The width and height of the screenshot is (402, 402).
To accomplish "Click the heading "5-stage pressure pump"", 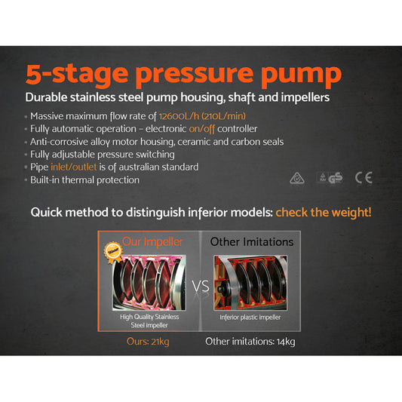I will (183, 75).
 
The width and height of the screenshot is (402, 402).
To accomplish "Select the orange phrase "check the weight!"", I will (323, 213).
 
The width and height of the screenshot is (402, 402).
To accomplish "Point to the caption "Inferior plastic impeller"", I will (251, 317).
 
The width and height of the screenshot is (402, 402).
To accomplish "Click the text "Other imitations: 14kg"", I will (251, 342).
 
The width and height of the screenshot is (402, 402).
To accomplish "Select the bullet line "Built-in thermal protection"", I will (84, 180).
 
